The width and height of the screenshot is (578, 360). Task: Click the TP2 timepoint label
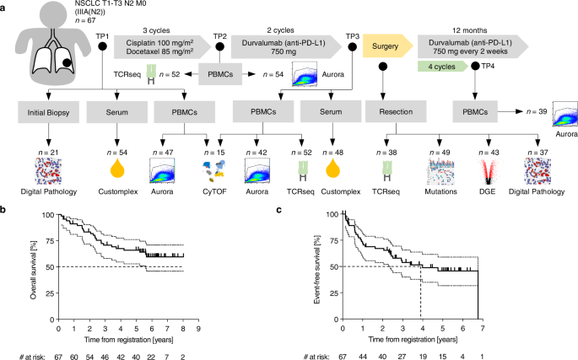pos(220,36)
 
